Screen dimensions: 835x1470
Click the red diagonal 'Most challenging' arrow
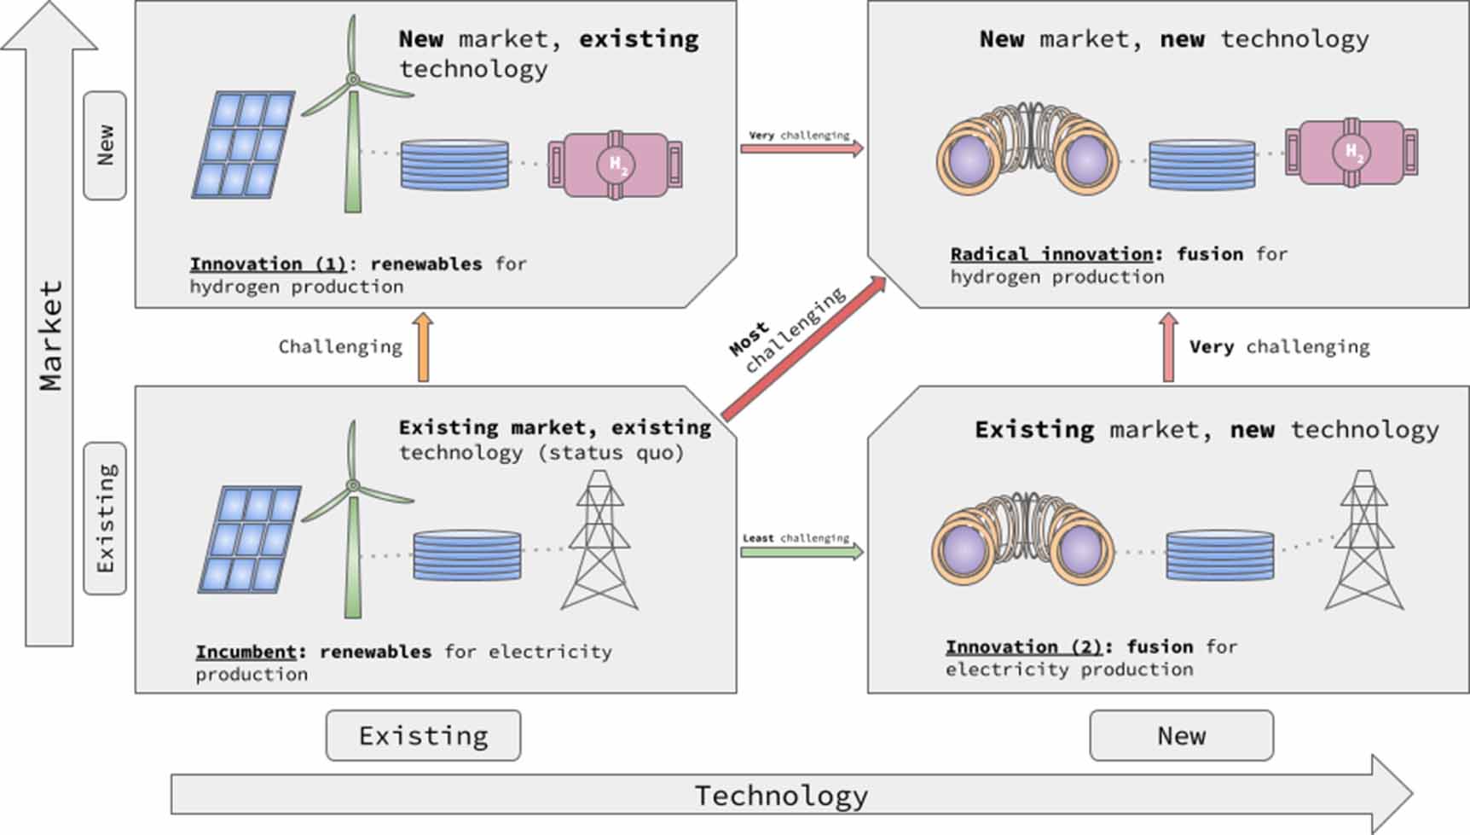pos(803,349)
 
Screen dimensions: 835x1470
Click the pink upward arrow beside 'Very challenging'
pos(1168,347)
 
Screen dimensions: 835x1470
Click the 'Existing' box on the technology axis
pos(423,735)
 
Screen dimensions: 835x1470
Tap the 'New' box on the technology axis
pos(1181,735)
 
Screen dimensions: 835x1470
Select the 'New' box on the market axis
pos(105,146)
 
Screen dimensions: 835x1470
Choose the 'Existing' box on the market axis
pos(105,518)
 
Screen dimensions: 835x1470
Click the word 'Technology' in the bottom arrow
pos(781,796)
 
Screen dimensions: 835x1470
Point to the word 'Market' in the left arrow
pos(50,336)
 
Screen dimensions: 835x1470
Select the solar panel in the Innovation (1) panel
pos(244,145)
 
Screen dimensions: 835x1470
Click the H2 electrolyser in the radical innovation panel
pos(1351,153)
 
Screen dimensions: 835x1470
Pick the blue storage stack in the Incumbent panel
pos(466,555)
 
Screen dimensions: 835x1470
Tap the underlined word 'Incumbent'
pos(246,652)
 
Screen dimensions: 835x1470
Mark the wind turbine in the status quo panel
pos(353,520)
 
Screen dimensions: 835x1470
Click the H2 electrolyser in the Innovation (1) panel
pos(615,165)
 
